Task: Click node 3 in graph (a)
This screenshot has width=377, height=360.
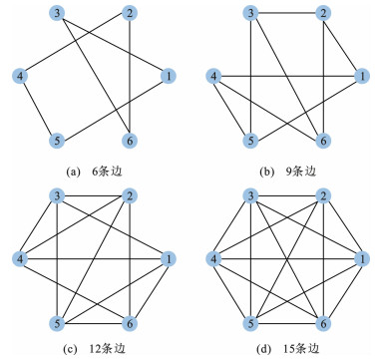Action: (x=57, y=14)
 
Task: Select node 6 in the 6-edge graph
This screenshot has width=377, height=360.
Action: (x=130, y=141)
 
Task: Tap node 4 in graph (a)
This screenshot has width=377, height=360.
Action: (x=20, y=77)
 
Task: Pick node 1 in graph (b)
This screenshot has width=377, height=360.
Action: (x=361, y=77)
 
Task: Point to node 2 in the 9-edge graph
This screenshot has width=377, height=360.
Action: (x=323, y=14)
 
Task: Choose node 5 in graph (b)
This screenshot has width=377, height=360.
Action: (x=251, y=141)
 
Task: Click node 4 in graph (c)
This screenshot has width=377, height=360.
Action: (x=20, y=259)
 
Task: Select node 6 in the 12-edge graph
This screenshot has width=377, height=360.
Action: (x=130, y=323)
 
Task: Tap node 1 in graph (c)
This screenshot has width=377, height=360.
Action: (x=168, y=259)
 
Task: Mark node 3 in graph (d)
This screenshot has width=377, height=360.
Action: (x=251, y=196)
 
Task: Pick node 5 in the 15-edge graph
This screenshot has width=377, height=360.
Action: (x=251, y=323)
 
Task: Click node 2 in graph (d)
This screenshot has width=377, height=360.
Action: (x=323, y=196)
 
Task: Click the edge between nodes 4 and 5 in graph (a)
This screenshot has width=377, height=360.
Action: (x=39, y=109)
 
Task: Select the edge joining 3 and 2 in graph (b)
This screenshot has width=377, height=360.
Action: (x=287, y=14)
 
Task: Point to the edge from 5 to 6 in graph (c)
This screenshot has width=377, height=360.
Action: (x=94, y=323)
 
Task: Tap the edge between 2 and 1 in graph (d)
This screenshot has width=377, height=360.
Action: (x=342, y=227)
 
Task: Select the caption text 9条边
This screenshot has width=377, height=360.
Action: (x=299, y=172)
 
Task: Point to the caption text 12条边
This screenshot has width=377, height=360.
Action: (x=108, y=349)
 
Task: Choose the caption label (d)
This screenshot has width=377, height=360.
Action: (x=263, y=349)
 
